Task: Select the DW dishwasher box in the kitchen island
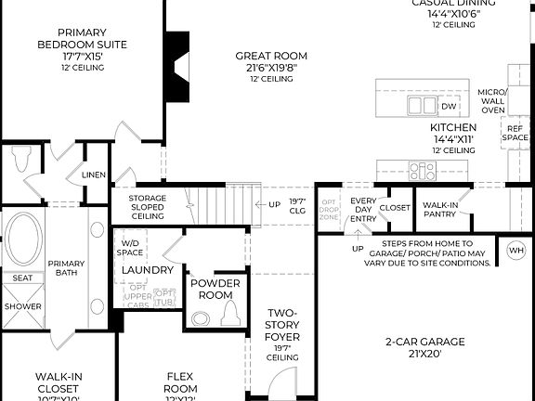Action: (424, 107)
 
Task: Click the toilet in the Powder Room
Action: (202, 317)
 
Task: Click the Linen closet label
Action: (94, 175)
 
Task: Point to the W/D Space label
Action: (131, 247)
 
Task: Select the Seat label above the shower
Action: (20, 278)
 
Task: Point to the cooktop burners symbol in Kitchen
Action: (423, 171)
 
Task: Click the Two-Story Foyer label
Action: (282, 335)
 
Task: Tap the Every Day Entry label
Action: (362, 209)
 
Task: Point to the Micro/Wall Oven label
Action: (492, 101)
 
